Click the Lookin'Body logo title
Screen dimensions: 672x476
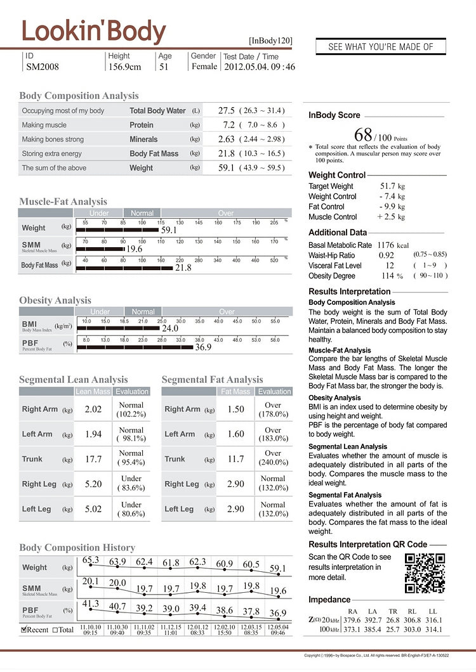(x=94, y=30)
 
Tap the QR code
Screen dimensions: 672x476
(x=425, y=573)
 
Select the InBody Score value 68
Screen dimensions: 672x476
(x=362, y=134)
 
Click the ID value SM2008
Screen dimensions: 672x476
(x=42, y=67)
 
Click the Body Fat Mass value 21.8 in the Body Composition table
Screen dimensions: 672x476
(x=226, y=153)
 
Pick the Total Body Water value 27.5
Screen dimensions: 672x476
(x=226, y=110)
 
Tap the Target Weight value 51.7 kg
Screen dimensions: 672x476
(x=392, y=186)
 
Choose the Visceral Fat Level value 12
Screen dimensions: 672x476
(x=390, y=266)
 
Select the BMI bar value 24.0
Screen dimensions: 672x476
(x=169, y=328)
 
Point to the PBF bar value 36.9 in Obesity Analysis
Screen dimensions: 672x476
(x=203, y=347)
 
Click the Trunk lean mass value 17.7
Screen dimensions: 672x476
(x=94, y=459)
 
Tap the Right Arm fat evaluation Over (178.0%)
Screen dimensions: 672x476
(x=273, y=410)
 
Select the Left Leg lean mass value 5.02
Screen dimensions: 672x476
(x=94, y=509)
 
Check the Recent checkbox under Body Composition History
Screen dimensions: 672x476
(x=24, y=630)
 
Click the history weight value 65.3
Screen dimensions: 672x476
(x=91, y=560)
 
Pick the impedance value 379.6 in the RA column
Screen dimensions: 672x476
(x=352, y=620)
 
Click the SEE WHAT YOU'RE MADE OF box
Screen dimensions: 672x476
(x=381, y=47)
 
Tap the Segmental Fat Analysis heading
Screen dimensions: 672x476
(x=212, y=379)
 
